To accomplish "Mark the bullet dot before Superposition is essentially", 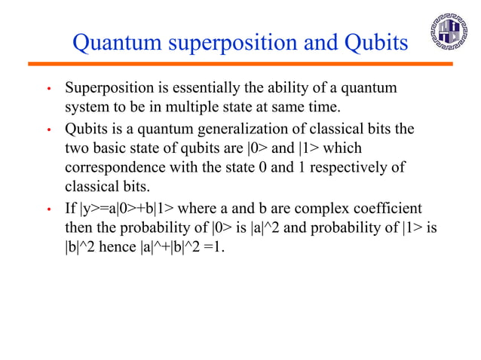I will click(x=49, y=90).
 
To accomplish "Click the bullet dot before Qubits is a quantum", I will click(x=49, y=130).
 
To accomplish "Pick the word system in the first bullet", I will click(x=87, y=108).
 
